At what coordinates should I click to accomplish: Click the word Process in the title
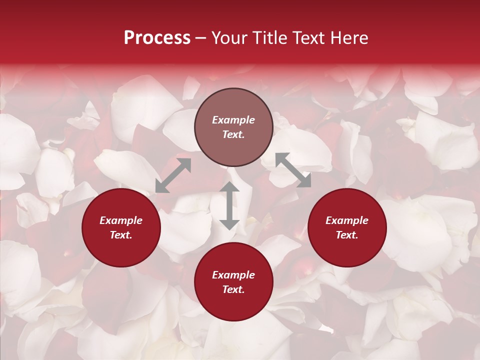click(157, 38)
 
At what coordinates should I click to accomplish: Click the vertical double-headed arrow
click(229, 205)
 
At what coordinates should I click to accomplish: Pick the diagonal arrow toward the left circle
click(173, 175)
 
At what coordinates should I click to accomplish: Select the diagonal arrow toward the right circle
click(293, 170)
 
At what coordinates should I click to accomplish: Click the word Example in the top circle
click(233, 120)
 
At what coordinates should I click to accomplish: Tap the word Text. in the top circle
click(233, 134)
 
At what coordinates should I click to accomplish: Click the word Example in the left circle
click(121, 220)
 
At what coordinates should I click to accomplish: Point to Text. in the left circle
click(121, 235)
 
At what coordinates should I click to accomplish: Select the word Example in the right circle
click(347, 220)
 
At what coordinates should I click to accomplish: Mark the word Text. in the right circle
click(347, 235)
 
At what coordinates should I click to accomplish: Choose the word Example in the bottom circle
click(233, 275)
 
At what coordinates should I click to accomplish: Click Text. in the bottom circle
click(233, 289)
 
